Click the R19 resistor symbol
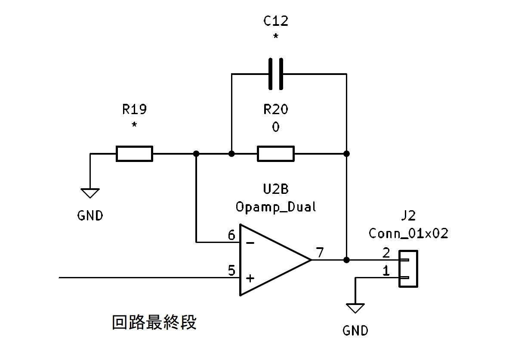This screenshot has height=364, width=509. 134,154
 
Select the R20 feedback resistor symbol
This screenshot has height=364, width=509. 276,154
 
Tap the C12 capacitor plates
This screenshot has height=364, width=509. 276,74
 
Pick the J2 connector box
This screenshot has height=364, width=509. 408,269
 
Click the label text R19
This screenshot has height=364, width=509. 134,110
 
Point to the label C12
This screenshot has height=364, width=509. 276,21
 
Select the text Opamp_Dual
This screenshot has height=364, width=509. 276,207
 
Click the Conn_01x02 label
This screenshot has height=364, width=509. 408,234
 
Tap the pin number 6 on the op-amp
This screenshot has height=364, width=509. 231,235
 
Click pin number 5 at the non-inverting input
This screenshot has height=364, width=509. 231,271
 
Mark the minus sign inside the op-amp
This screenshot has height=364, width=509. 250,243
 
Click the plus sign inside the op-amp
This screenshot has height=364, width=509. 250,278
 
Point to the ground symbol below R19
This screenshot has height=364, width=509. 90,193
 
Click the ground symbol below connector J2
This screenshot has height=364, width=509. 356,308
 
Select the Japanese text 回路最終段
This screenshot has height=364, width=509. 154,322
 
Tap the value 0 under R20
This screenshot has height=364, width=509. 276,128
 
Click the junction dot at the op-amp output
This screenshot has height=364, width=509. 347,260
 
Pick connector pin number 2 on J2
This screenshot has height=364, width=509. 386,253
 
